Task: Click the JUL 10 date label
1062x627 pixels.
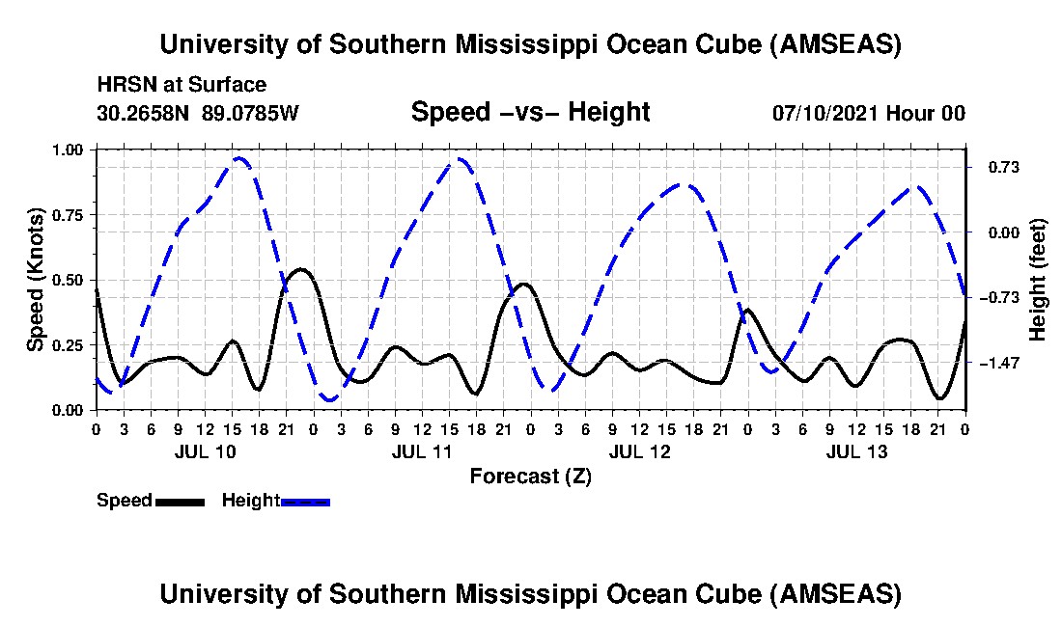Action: click(205, 451)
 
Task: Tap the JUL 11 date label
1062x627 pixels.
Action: click(422, 451)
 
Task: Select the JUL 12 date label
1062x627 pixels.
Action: click(639, 451)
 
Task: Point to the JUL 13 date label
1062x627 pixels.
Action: click(856, 451)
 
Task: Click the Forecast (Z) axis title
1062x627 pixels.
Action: click(530, 476)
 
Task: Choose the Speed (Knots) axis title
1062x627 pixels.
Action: click(36, 280)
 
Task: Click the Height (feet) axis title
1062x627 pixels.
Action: click(1038, 280)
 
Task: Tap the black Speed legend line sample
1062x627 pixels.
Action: click(180, 501)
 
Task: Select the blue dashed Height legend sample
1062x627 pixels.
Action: click(305, 501)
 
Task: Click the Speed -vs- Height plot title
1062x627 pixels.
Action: click(530, 112)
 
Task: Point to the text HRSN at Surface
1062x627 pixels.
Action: click(182, 85)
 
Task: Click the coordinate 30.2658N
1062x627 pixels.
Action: click(145, 113)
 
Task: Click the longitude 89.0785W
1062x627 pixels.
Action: click(251, 113)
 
